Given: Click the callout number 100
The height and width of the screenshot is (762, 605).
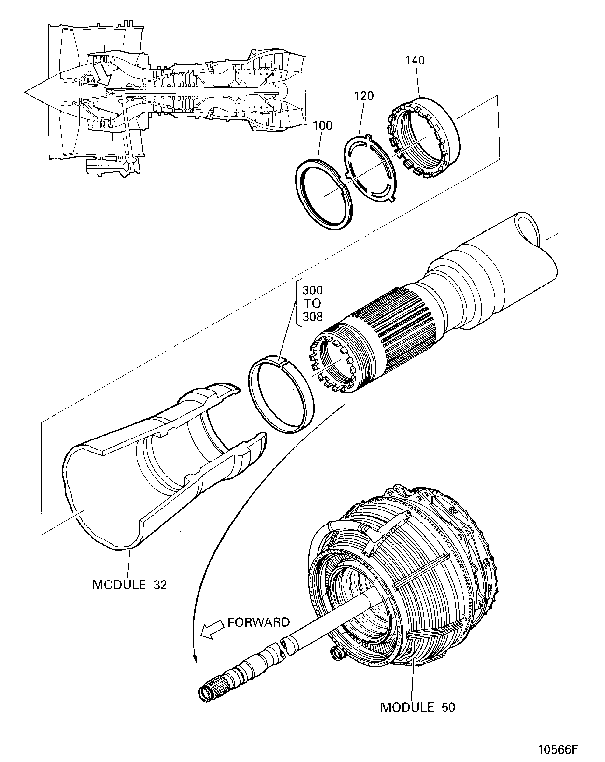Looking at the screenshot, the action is pos(322,126).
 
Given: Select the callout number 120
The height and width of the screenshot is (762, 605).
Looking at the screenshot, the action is pos(364,96).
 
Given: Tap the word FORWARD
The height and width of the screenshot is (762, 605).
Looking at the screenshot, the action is pos(259,622).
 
